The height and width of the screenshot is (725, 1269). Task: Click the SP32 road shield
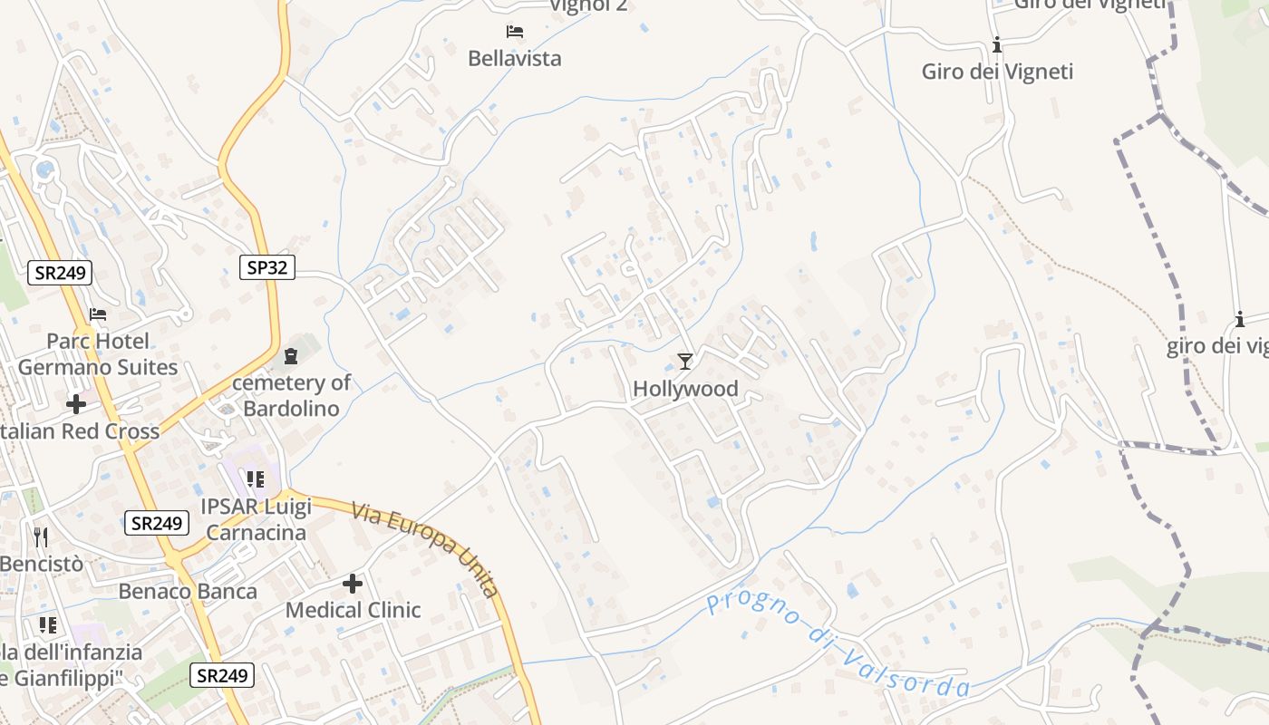pyautogui.click(x=267, y=266)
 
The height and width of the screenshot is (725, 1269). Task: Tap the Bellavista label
pyautogui.click(x=514, y=58)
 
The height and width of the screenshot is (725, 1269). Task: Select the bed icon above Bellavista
pyautogui.click(x=515, y=32)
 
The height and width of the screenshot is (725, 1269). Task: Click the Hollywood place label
pyautogui.click(x=685, y=389)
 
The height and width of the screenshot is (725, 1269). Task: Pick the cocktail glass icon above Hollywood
pyautogui.click(x=685, y=362)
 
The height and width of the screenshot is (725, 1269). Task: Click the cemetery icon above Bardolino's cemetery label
pyautogui.click(x=291, y=356)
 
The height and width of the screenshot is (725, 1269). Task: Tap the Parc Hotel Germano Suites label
pyautogui.click(x=98, y=354)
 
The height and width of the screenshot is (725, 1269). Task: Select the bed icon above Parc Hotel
pyautogui.click(x=98, y=314)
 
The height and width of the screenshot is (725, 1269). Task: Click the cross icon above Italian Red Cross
pyautogui.click(x=76, y=403)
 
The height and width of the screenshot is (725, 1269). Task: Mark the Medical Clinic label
pyautogui.click(x=353, y=610)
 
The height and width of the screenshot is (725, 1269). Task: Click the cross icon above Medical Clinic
pyautogui.click(x=353, y=584)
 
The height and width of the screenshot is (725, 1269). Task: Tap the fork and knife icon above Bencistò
pyautogui.click(x=40, y=537)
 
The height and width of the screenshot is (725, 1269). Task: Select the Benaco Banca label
pyautogui.click(x=188, y=592)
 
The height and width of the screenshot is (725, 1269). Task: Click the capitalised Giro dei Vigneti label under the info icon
pyautogui.click(x=997, y=72)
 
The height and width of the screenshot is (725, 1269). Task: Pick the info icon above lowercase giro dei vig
pyautogui.click(x=1239, y=319)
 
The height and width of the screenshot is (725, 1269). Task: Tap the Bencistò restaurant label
pyautogui.click(x=41, y=564)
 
